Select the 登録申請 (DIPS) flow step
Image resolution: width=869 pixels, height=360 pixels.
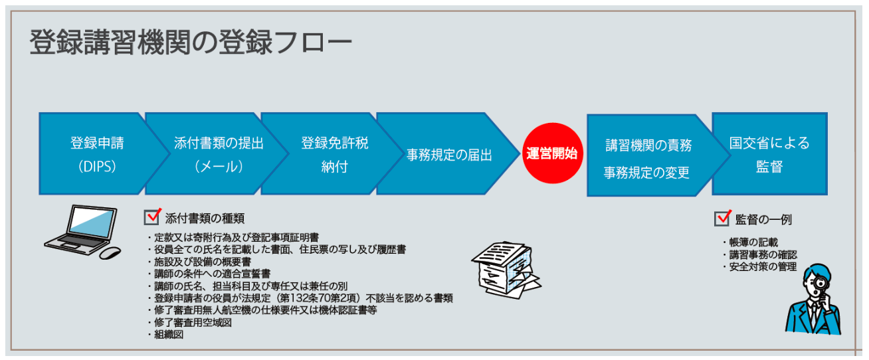pos(96,154)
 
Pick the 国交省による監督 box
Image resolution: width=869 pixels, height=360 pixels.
pos(769,154)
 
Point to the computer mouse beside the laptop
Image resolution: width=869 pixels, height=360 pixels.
pos(109,253)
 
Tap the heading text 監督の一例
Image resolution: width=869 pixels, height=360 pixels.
pos(763,219)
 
